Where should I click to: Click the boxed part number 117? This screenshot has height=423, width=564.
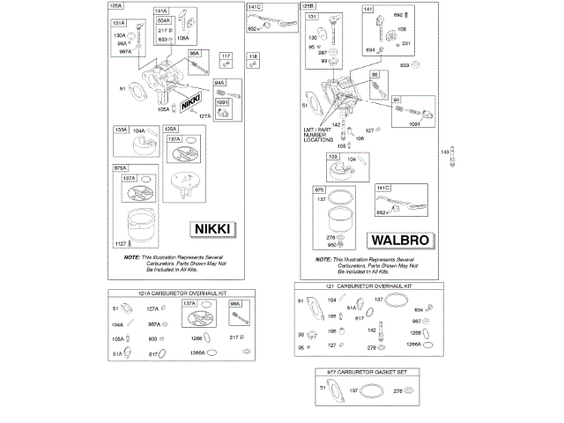pos(226,56)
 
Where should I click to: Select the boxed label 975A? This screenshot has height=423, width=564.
pos(120,167)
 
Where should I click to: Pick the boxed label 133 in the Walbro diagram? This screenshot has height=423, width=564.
pos(333,156)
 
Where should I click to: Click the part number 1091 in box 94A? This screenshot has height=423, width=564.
pos(222,101)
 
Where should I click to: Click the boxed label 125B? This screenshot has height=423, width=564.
pos(308,6)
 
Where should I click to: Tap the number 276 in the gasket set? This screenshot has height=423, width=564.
pos(397,390)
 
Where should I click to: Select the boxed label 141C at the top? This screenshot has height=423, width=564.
pos(255,7)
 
